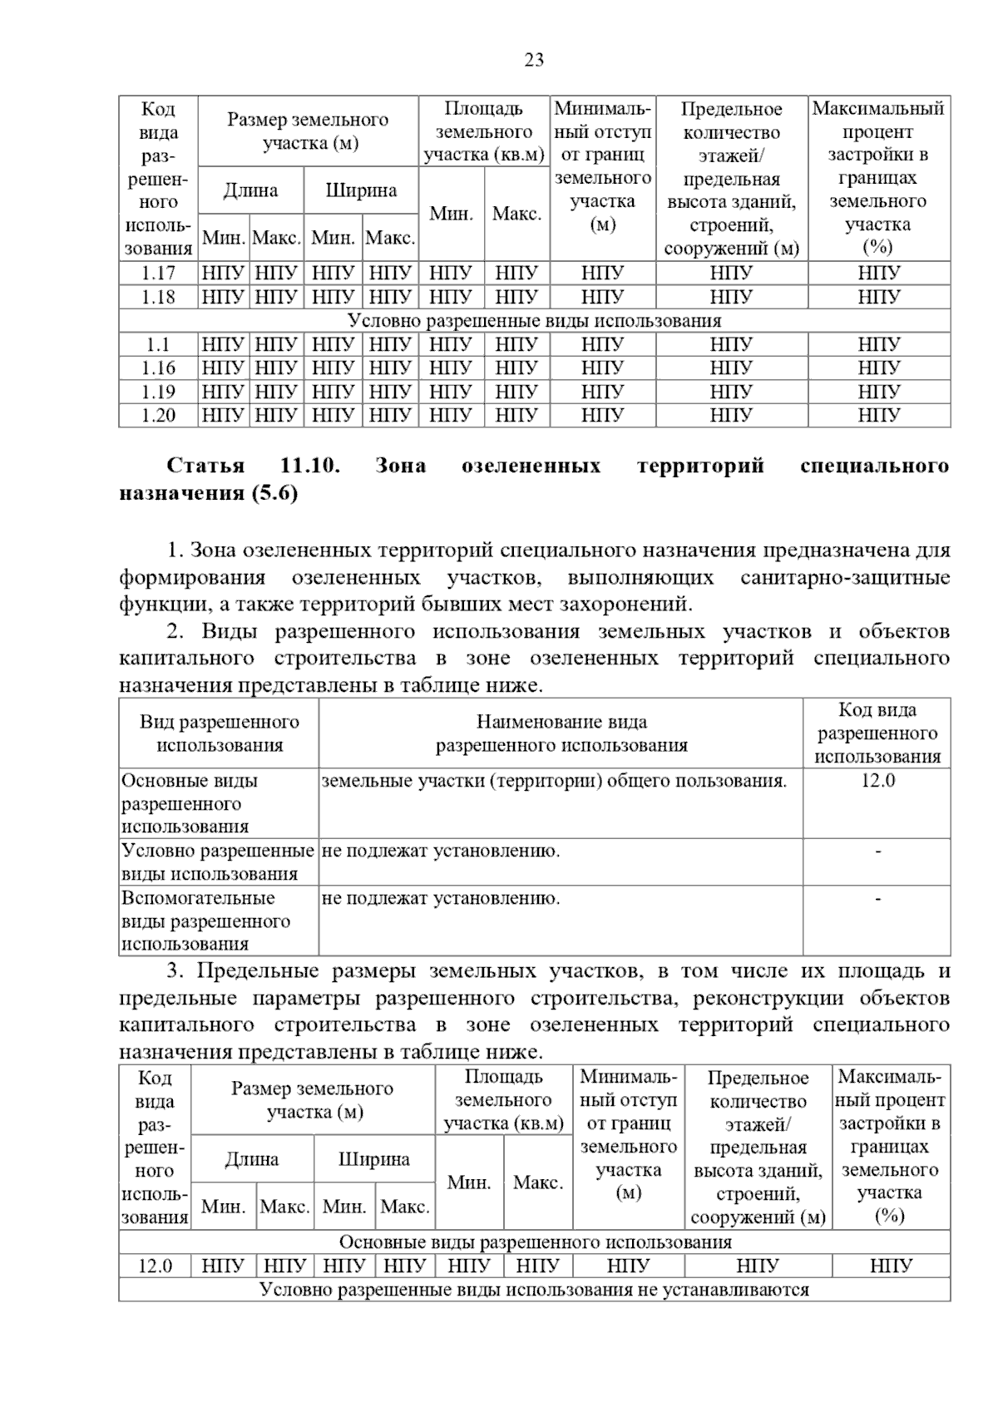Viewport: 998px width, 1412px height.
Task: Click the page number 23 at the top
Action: pyautogui.click(x=534, y=60)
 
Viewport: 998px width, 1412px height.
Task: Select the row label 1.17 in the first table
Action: pyautogui.click(x=158, y=274)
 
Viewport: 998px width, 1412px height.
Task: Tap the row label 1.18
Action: pyautogui.click(x=158, y=297)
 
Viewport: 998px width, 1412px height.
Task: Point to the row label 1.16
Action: pyautogui.click(x=158, y=368)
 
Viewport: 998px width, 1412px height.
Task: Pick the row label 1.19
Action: pyautogui.click(x=158, y=392)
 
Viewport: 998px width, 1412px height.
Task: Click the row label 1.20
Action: pyautogui.click(x=158, y=415)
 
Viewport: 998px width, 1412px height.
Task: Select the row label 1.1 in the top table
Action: pyautogui.click(x=158, y=344)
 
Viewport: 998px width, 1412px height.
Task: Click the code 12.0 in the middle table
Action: pyautogui.click(x=877, y=781)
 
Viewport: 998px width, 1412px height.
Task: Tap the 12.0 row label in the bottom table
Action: pyautogui.click(x=155, y=1266)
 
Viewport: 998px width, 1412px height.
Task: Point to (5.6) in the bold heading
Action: pyautogui.click(x=273, y=493)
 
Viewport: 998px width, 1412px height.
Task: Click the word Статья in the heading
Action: pyautogui.click(x=205, y=466)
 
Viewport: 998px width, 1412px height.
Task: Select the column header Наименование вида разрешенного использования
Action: pyautogui.click(x=561, y=733)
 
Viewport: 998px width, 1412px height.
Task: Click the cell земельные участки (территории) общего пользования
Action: pyautogui.click(x=553, y=781)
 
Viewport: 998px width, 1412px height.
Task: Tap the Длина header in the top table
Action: pyautogui.click(x=250, y=191)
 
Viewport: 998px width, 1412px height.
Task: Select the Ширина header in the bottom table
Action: pyautogui.click(x=373, y=1159)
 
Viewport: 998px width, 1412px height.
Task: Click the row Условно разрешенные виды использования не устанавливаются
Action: pyautogui.click(x=534, y=1290)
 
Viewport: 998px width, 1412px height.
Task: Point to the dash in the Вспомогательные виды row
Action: pyautogui.click(x=877, y=899)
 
